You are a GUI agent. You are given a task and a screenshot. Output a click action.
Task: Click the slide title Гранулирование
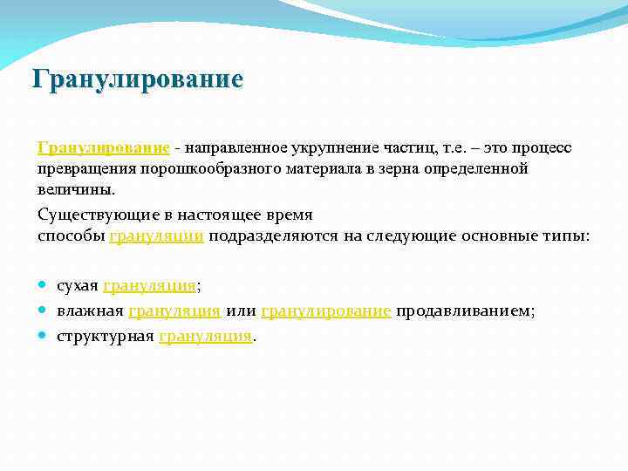coord(137,80)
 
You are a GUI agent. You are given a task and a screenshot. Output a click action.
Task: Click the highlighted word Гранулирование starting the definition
coord(103,147)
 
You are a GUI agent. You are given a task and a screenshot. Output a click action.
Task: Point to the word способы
coord(72,235)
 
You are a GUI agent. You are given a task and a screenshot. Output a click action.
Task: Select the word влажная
coord(90,310)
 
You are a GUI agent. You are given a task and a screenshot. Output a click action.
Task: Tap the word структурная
coord(106,335)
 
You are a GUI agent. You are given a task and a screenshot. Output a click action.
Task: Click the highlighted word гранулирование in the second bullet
coord(325,310)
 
